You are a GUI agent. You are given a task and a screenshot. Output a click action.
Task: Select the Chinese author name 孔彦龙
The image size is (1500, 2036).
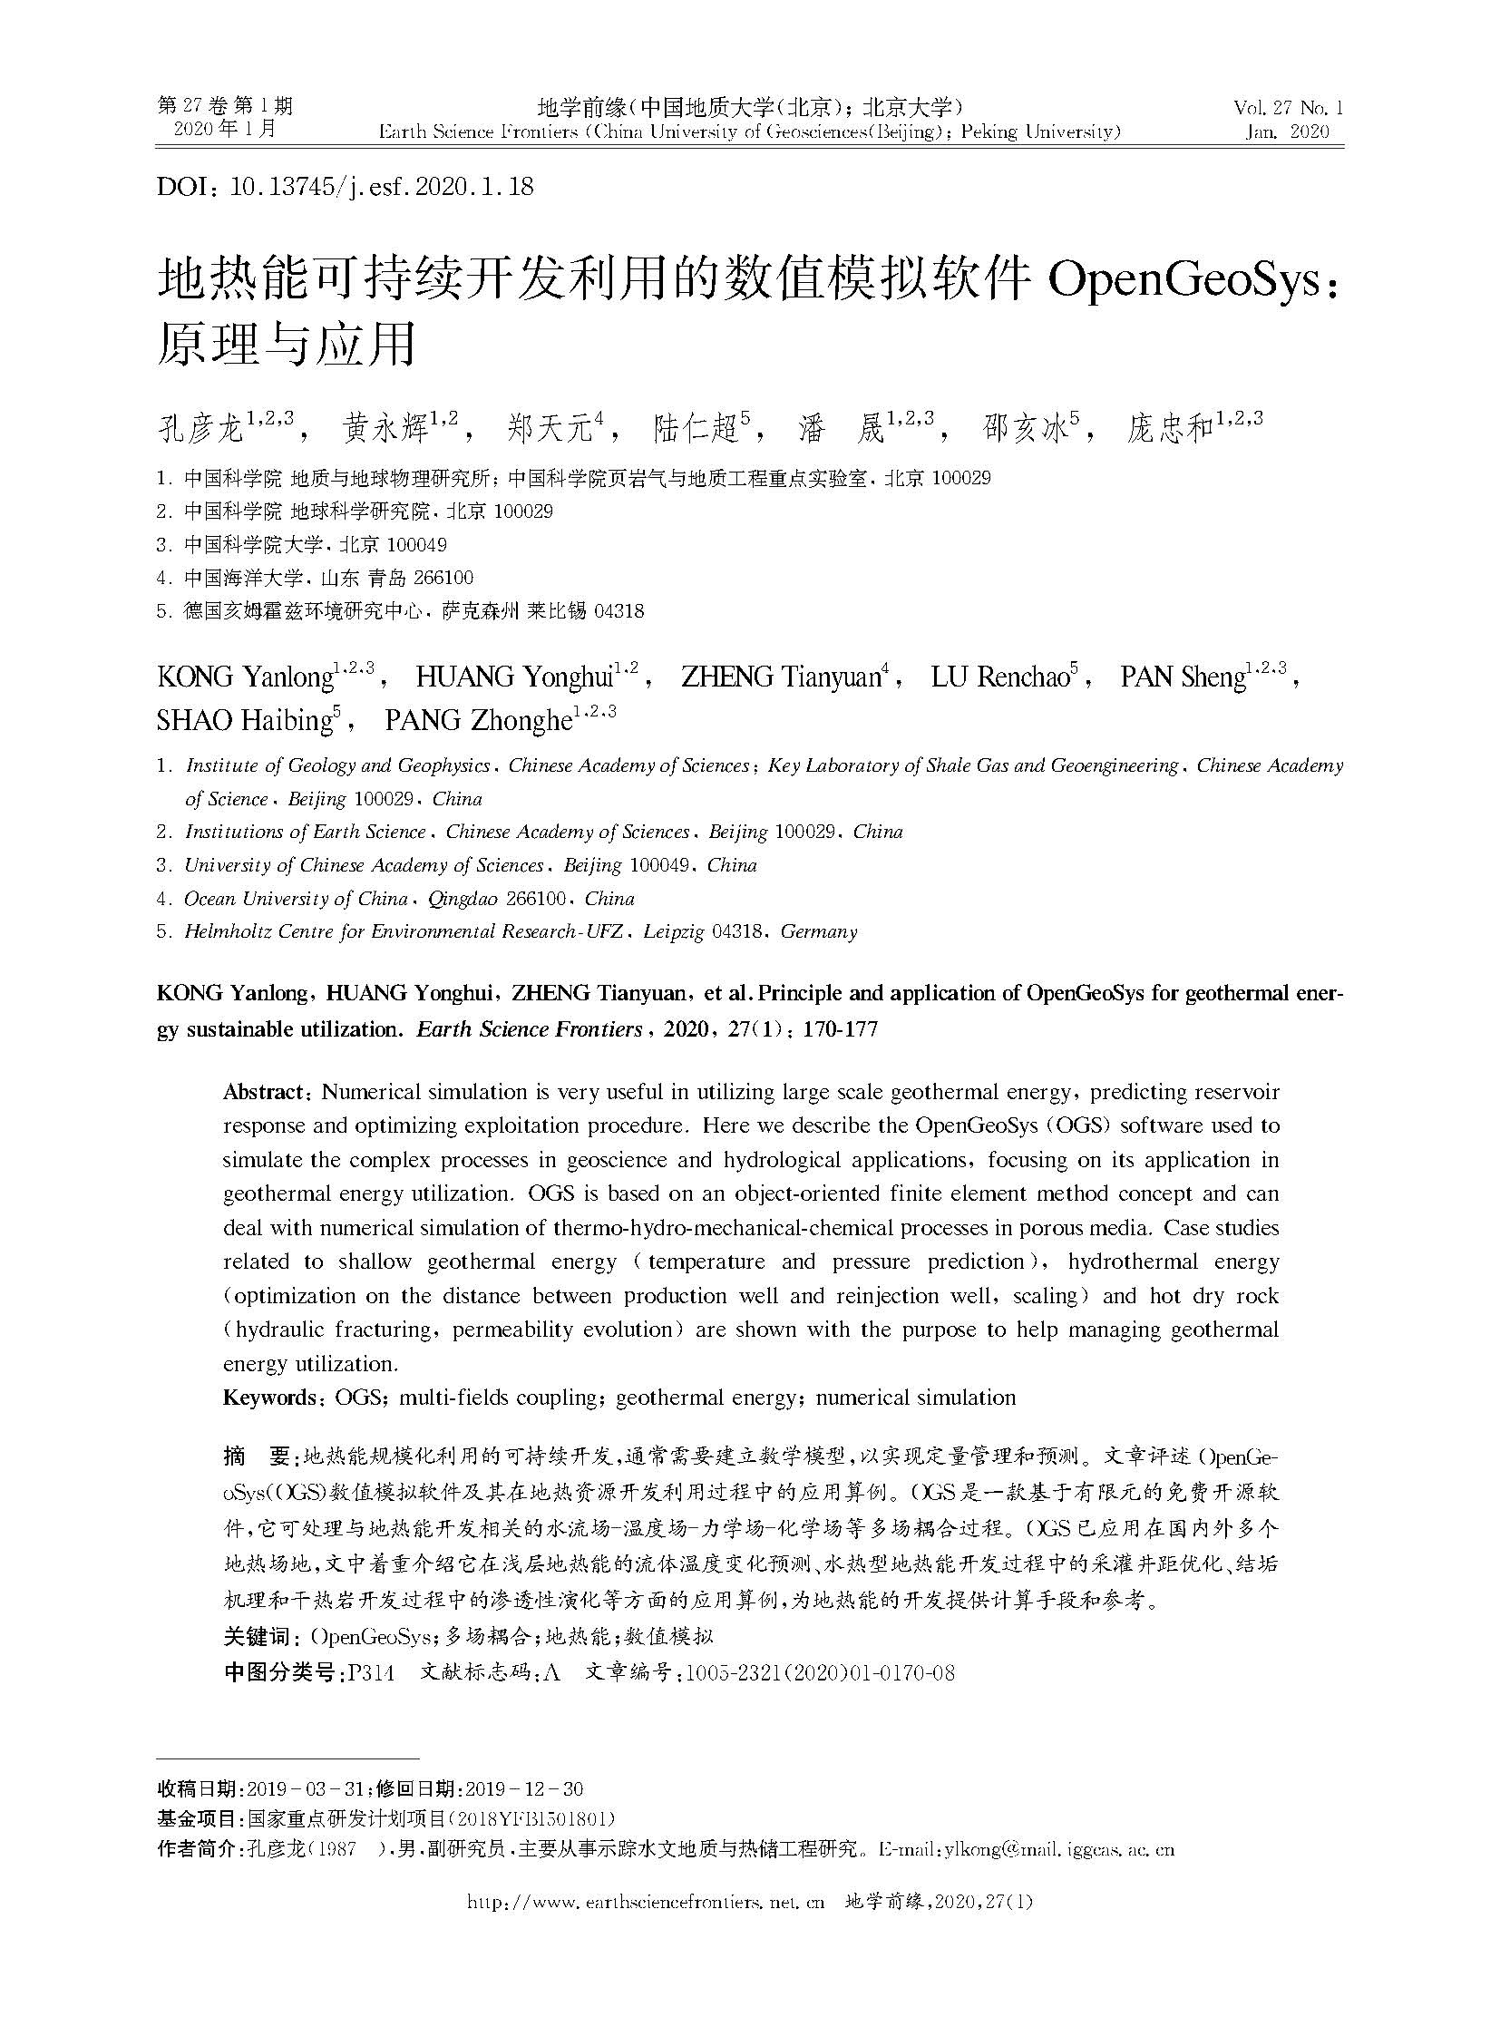(x=200, y=427)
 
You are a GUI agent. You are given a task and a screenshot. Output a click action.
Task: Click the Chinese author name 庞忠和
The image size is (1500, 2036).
(x=1171, y=427)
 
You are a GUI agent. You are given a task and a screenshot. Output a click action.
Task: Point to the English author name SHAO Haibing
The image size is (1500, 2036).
(x=242, y=721)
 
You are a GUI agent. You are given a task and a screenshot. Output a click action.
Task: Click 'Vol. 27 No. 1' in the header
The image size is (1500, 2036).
(x=1288, y=108)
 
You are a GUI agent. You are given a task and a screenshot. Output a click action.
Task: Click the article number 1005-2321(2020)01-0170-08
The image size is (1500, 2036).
(x=820, y=1672)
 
